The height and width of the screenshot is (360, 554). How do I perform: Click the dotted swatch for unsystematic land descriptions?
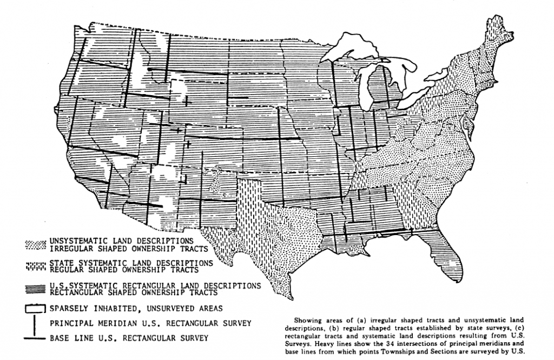pos(36,244)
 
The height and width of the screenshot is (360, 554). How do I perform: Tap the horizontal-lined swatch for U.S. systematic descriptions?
pos(36,288)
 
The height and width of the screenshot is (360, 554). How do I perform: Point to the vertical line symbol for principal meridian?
pos(36,324)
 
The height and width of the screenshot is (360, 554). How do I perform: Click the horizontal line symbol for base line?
pos(36,339)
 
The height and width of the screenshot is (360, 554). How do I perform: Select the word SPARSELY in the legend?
pos(70,309)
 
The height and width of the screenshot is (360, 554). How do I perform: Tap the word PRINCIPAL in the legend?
pos(72,324)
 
